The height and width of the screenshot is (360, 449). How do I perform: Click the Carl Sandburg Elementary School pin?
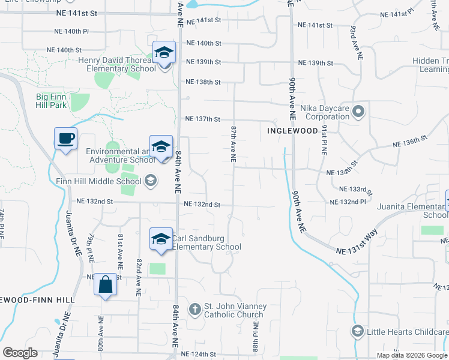(x=160, y=239)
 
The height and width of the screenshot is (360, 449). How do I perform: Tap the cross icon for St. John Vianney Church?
(x=194, y=310)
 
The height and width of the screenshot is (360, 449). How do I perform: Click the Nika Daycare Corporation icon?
(x=359, y=111)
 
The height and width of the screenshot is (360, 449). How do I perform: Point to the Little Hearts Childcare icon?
(x=357, y=331)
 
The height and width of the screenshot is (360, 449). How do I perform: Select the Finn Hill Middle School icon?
(x=149, y=180)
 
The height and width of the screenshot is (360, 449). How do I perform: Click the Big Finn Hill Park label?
(x=59, y=100)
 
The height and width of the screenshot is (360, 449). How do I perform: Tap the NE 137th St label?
(x=203, y=119)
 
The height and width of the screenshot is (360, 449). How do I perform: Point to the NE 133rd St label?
(x=355, y=189)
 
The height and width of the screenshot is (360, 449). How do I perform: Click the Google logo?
(x=20, y=353)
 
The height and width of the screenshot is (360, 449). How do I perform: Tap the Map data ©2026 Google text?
(x=411, y=355)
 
